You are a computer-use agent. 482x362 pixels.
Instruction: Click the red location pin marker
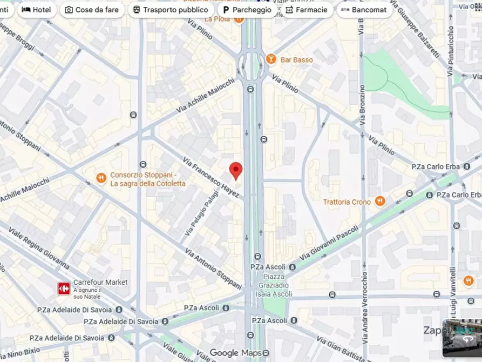tap(236, 170)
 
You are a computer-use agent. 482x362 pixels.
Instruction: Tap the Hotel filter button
tap(37, 10)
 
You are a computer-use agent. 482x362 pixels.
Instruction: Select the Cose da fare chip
tap(92, 10)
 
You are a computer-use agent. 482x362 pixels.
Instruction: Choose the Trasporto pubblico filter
tap(170, 10)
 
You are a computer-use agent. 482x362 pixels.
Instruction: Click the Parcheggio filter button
tap(247, 10)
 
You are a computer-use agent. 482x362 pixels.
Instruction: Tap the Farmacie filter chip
tap(306, 10)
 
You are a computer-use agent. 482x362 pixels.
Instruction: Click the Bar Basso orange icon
tap(271, 59)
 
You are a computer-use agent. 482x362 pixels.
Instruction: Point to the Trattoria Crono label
tap(347, 202)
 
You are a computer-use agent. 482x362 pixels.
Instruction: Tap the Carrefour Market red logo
tap(64, 289)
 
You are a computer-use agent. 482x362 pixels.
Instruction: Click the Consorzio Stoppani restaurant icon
tap(101, 178)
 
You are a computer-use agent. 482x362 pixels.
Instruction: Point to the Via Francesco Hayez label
tap(211, 177)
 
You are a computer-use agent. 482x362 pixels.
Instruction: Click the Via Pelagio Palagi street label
tap(201, 213)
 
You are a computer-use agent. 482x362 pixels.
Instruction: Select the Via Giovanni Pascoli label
tap(329, 242)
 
